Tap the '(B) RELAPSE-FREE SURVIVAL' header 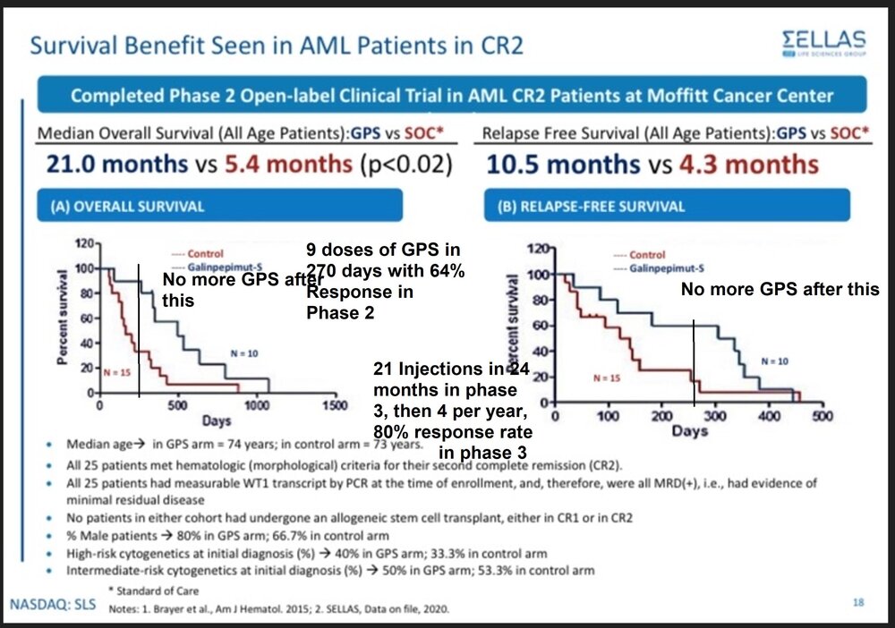tap(592, 207)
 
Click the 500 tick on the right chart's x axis tap(822, 416)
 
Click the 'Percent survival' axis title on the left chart tap(64, 319)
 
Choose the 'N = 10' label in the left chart tap(243, 353)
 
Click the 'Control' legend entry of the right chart tap(646, 255)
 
